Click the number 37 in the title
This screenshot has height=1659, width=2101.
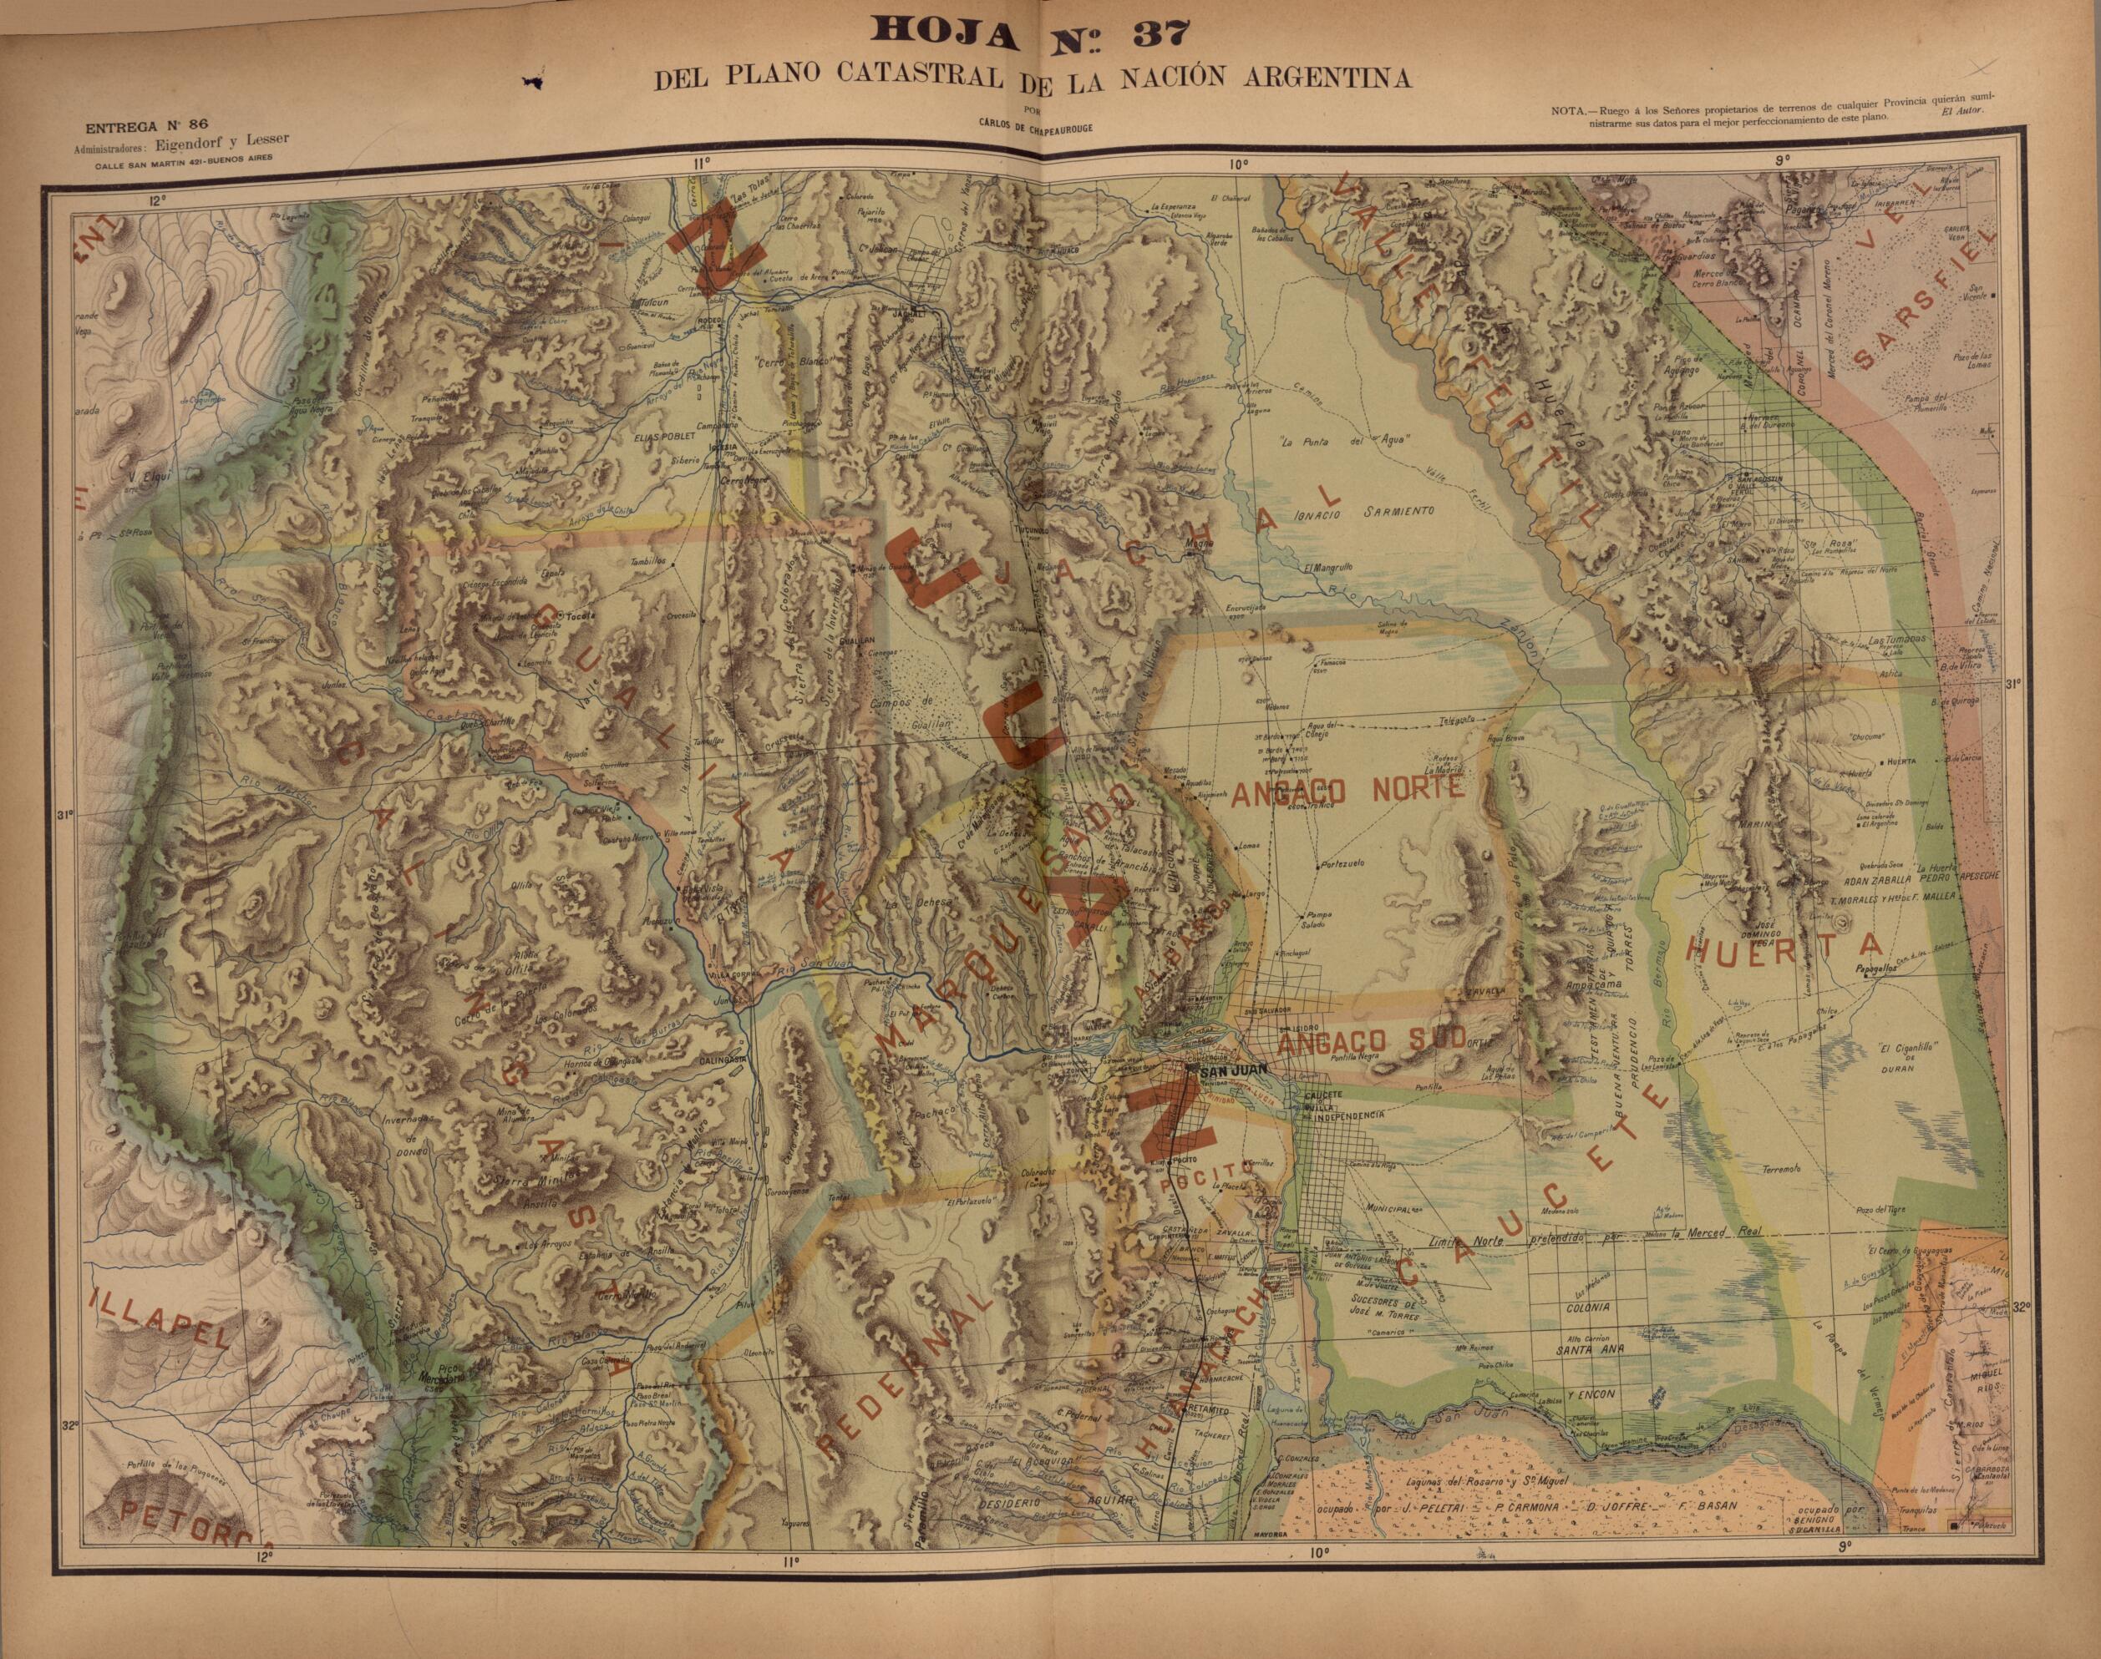pyautogui.click(x=1146, y=34)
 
